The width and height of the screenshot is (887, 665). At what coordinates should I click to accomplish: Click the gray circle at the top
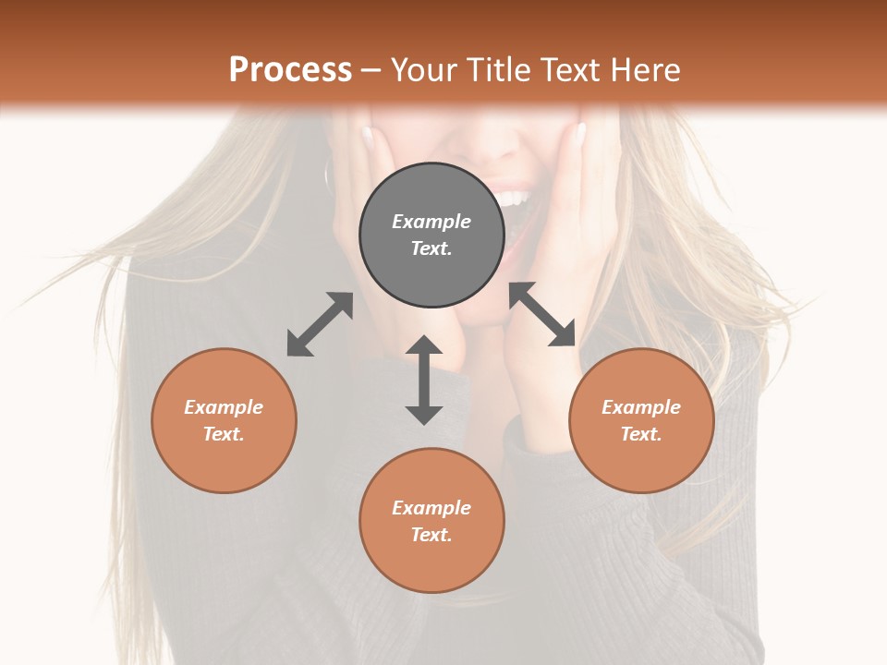pyautogui.click(x=431, y=236)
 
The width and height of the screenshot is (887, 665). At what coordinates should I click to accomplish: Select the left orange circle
pyautogui.click(x=224, y=420)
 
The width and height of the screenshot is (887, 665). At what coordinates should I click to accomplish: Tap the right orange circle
pyautogui.click(x=641, y=420)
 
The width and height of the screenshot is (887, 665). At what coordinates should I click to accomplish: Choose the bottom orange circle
pyautogui.click(x=431, y=520)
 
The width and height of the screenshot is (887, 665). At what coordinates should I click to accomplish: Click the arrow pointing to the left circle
pyautogui.click(x=320, y=324)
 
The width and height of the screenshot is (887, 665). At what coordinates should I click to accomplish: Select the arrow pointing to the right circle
pyautogui.click(x=542, y=314)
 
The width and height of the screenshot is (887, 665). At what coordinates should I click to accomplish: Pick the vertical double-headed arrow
pyautogui.click(x=424, y=380)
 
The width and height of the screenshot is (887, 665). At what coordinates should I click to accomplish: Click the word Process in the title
pyautogui.click(x=290, y=70)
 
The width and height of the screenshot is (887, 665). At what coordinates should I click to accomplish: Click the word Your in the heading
pyautogui.click(x=424, y=70)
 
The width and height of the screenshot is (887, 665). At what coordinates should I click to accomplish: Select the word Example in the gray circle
pyautogui.click(x=431, y=222)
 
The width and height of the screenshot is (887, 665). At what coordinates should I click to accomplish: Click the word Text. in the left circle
pyautogui.click(x=224, y=434)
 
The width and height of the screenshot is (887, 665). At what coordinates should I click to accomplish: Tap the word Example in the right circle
pyautogui.click(x=641, y=407)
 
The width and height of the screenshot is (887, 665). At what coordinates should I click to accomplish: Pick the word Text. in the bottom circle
pyautogui.click(x=431, y=535)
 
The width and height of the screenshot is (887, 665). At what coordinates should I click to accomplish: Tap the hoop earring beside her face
pyautogui.click(x=327, y=172)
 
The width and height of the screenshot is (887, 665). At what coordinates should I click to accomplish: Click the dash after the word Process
pyautogui.click(x=371, y=70)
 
